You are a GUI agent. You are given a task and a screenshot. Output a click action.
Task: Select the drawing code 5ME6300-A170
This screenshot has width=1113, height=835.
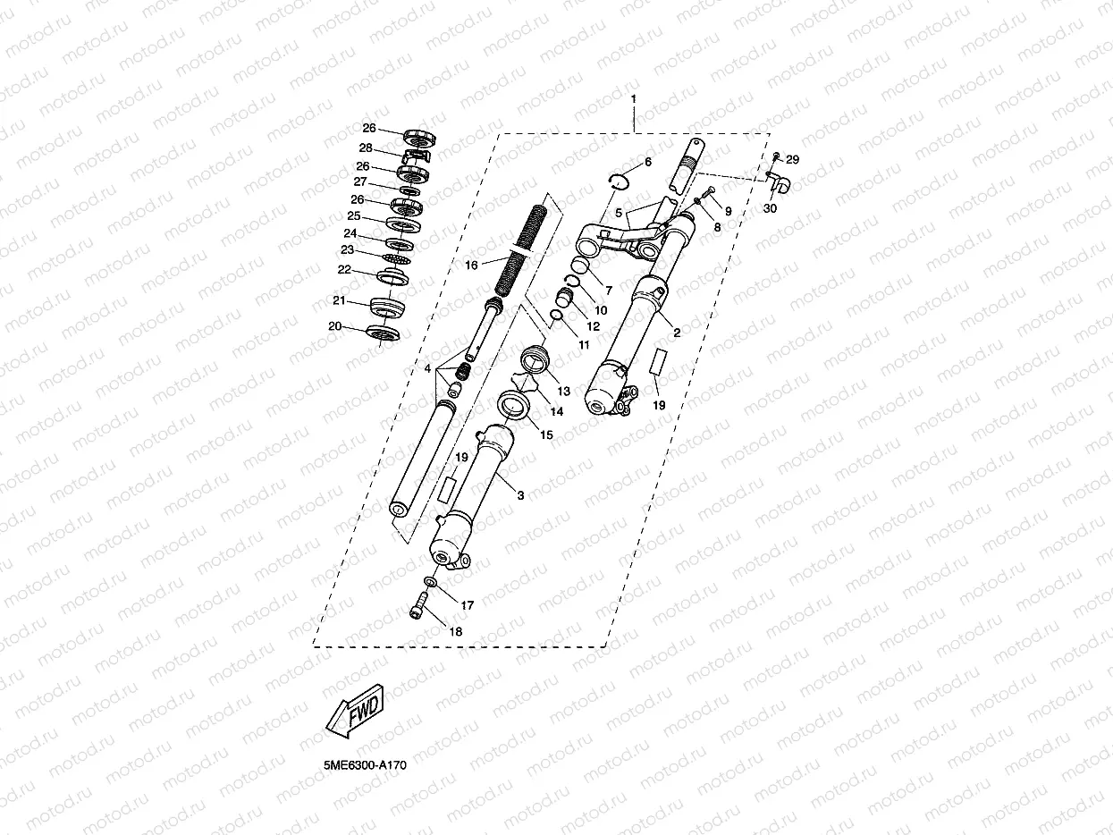[x=366, y=766]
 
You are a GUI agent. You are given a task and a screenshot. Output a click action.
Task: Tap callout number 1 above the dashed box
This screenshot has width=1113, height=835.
[x=633, y=97]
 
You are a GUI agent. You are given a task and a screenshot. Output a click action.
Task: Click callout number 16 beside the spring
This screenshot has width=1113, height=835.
[x=471, y=266]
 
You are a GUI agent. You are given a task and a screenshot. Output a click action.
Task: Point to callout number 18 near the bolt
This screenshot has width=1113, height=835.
[x=456, y=631]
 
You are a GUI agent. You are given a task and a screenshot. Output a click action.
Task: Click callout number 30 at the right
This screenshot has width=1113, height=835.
[x=770, y=208]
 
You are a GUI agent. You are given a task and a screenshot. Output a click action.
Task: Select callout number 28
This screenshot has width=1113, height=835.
[x=366, y=148]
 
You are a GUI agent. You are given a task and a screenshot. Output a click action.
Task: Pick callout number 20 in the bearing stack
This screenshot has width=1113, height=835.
[x=335, y=326]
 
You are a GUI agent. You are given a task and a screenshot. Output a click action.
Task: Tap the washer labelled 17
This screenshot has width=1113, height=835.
[x=431, y=583]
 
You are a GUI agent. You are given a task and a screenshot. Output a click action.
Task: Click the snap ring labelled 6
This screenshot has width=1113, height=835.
[x=618, y=177]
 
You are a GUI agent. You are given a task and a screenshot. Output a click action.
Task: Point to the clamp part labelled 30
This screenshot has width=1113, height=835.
[x=779, y=183]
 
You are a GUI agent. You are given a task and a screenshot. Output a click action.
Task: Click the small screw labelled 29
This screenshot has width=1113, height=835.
[x=776, y=157]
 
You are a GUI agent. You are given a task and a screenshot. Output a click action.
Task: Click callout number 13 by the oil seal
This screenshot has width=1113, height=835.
[x=563, y=391]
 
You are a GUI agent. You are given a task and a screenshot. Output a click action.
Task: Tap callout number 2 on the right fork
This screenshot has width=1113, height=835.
[x=677, y=333]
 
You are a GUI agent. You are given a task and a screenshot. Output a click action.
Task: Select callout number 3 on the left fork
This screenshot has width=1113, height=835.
[x=520, y=494]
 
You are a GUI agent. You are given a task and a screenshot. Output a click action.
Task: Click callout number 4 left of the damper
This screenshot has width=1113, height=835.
[x=428, y=368]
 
